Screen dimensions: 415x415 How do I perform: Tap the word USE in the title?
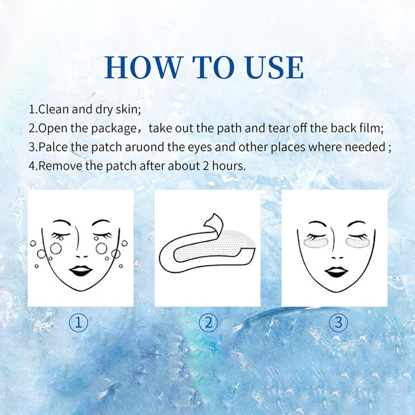coord(274,67)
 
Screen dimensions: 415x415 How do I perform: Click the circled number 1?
coord(78,323)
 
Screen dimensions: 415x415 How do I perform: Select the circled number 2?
coord(208,323)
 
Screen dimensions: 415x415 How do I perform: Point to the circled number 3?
coord(338,323)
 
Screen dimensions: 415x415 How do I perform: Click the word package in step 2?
coord(114,129)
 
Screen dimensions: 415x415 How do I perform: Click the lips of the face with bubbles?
coord(81,271)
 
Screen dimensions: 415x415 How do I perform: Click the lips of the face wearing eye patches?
coord(336,272)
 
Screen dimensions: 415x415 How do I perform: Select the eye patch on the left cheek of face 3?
coord(316,243)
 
